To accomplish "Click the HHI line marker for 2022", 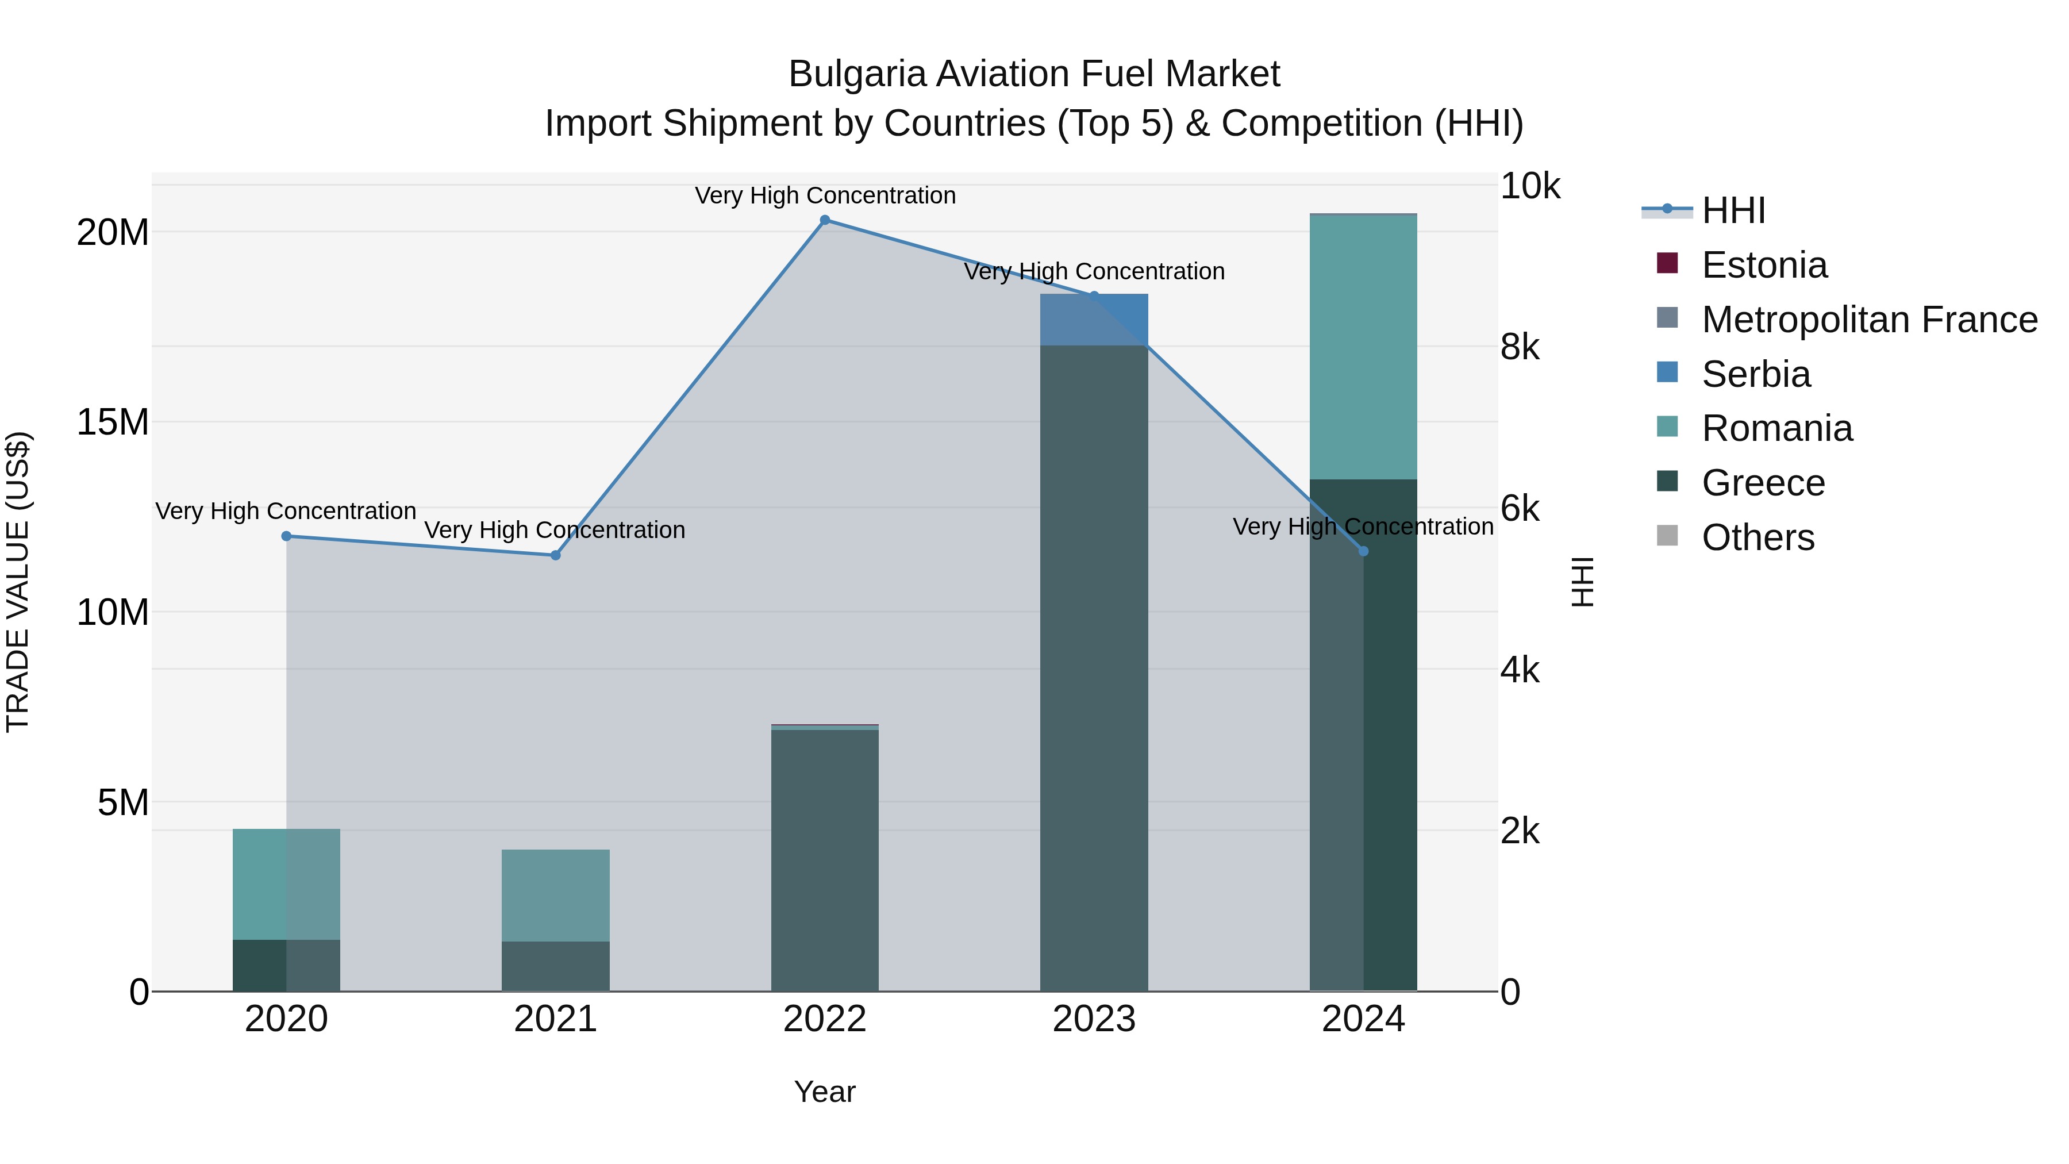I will click(824, 220).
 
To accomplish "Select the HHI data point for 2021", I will click(555, 555).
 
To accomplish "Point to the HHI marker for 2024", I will click(1363, 551).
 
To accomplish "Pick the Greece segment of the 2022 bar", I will click(824, 859).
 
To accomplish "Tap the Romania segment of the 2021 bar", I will click(555, 895).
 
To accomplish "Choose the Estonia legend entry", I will click(1764, 265).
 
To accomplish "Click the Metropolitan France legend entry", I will click(1869, 320).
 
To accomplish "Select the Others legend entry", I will click(1758, 537).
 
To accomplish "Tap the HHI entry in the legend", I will click(1733, 210).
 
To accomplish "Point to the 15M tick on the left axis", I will click(113, 422).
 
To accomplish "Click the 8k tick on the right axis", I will click(1520, 347).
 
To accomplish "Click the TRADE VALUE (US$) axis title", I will click(18, 582).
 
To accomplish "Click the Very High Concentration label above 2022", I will click(825, 195).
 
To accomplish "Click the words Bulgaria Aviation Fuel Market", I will click(1034, 74).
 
